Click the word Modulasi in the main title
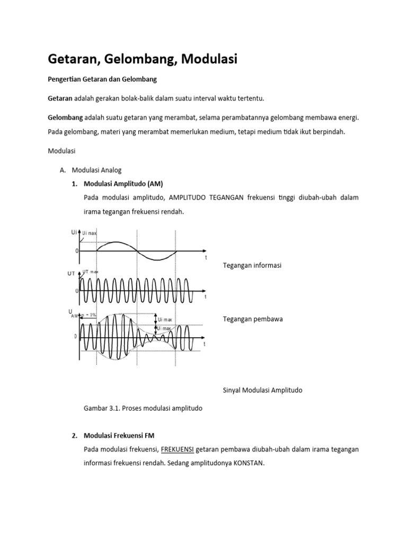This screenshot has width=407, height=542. click(x=209, y=60)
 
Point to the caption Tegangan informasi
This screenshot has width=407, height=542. click(x=252, y=265)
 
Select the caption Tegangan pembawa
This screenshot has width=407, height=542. click(x=253, y=319)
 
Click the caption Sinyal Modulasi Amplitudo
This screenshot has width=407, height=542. click(x=262, y=390)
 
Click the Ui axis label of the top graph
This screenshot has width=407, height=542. click(x=74, y=232)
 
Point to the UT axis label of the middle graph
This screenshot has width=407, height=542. click(x=71, y=273)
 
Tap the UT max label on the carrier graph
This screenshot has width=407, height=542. click(x=91, y=271)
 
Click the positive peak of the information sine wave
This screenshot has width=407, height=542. click(x=117, y=242)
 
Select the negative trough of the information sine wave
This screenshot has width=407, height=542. click(x=157, y=259)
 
